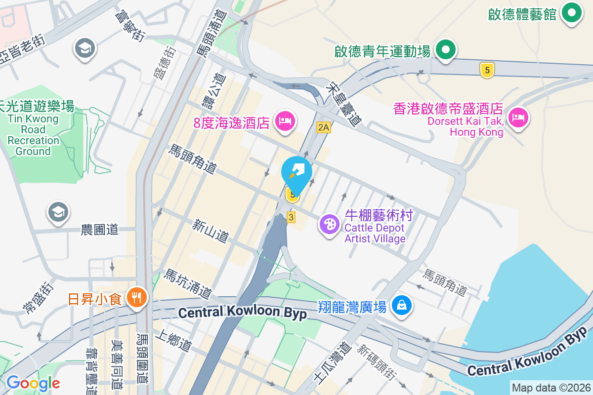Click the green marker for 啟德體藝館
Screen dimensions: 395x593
click(572, 13)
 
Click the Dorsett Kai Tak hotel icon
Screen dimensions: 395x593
click(517, 118)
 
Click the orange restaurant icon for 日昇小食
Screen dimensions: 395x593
click(135, 297)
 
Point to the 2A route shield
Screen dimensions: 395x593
click(323, 128)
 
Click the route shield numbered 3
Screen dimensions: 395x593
click(291, 217)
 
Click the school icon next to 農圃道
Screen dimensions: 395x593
click(58, 213)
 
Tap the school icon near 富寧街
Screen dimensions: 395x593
click(85, 48)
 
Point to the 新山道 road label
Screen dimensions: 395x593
click(211, 232)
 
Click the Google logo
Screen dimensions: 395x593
click(33, 383)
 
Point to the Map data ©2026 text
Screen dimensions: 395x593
click(551, 388)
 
